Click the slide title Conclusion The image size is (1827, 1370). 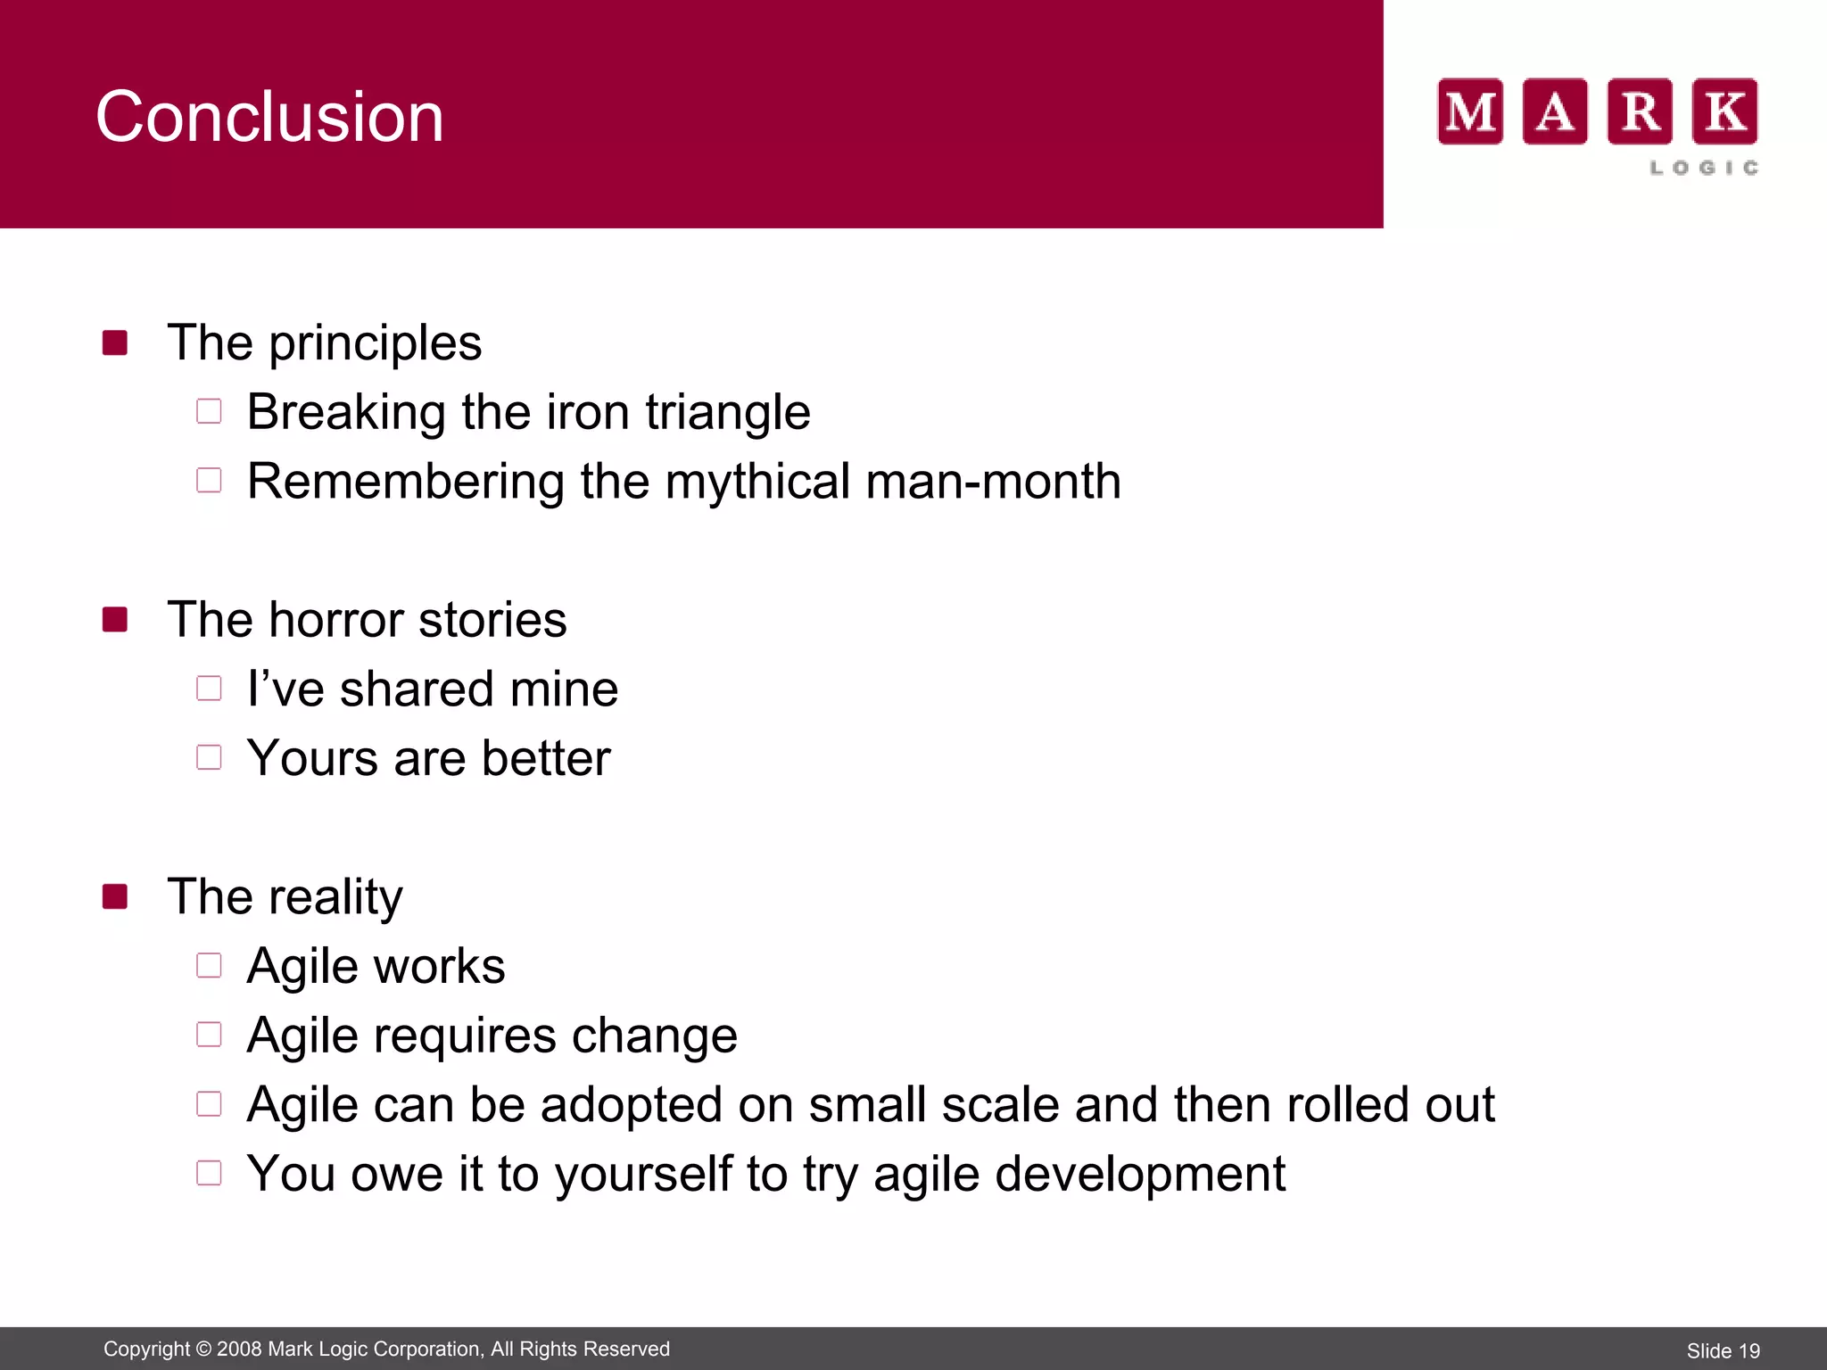269,117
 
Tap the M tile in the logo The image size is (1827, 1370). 1470,111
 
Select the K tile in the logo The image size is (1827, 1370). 1725,111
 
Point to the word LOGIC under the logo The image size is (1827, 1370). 1704,168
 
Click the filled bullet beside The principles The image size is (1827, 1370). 115,342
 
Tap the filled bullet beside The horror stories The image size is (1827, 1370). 115,619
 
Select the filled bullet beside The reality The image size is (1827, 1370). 115,896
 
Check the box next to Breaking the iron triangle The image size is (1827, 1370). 209,411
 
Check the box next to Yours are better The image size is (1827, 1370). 209,757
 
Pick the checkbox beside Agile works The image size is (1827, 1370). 209,965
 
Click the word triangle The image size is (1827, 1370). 727,413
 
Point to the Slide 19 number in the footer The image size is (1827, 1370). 1723,1351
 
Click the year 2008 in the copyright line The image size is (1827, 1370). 239,1349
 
